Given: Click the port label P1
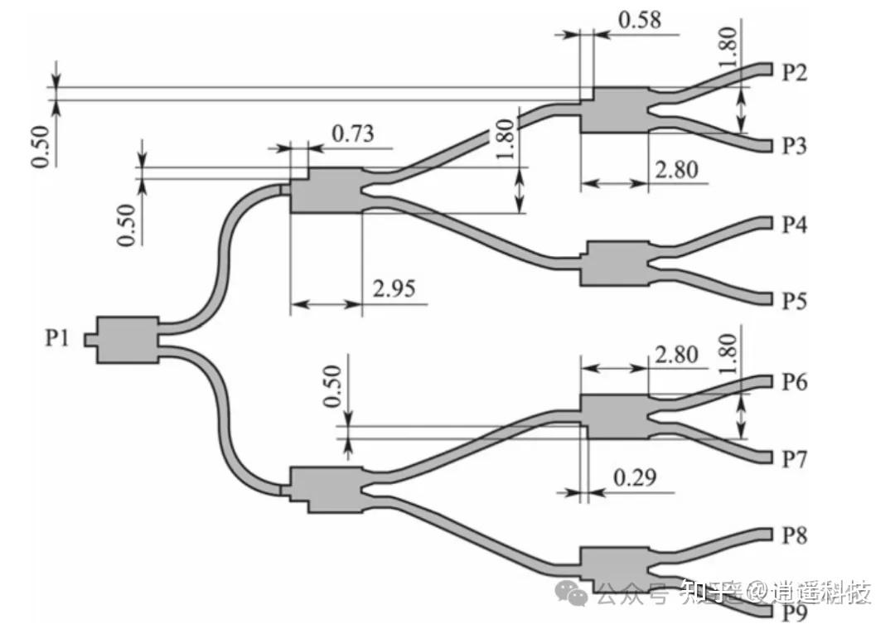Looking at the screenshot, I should click(56, 338).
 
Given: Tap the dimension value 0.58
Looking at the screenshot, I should click(639, 19).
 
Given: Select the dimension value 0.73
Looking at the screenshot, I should click(352, 133).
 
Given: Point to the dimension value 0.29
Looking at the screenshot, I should click(634, 477).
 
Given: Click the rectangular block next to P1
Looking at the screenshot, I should click(127, 338).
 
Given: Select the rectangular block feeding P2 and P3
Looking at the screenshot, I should click(613, 109).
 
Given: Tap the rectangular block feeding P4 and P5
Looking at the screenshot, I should click(616, 264).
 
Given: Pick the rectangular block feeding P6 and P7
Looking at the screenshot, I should click(614, 416).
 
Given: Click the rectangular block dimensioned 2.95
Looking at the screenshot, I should click(326, 190).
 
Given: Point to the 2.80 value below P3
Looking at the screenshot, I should click(676, 171).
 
